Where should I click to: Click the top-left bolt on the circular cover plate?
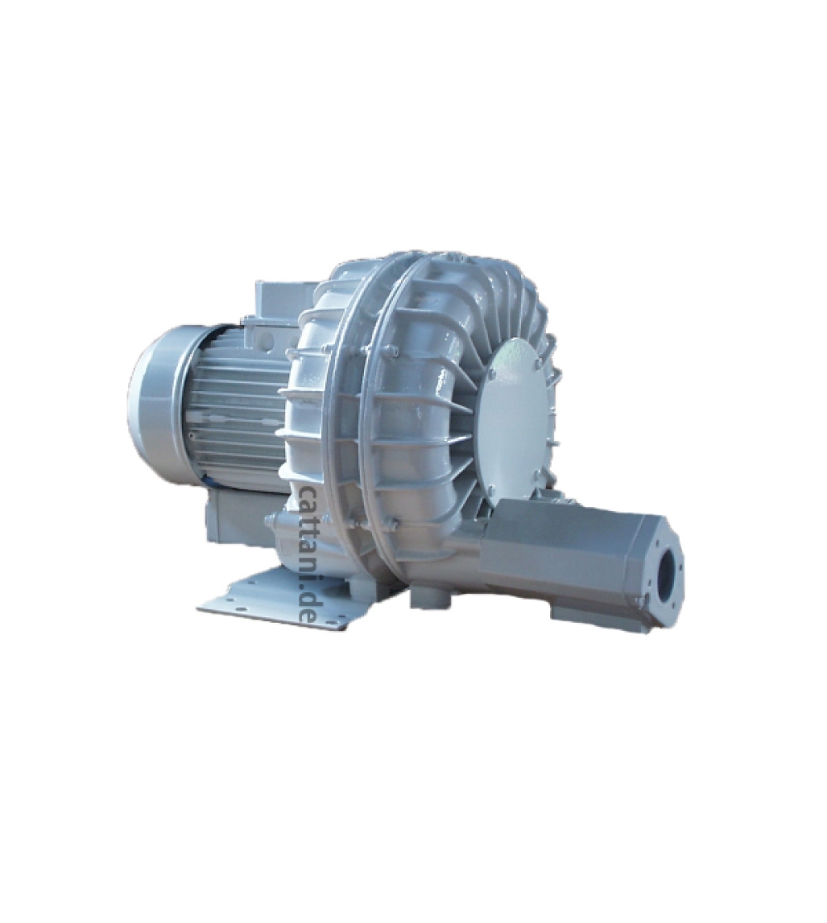click(492, 374)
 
